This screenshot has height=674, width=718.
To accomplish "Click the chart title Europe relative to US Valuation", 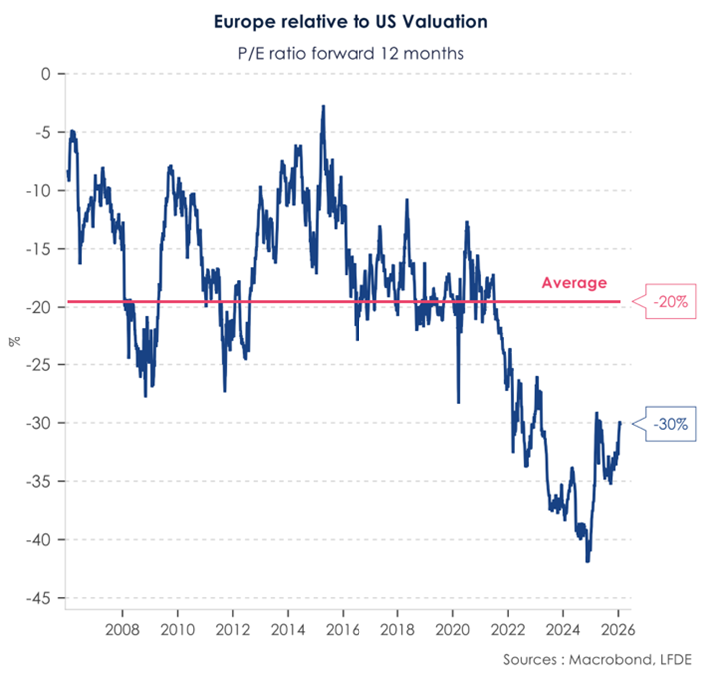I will (359, 20).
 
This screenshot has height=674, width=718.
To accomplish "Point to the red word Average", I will (574, 283).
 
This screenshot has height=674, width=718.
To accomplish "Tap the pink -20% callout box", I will (670, 301).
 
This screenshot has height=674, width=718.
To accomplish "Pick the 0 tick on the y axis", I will (43, 74).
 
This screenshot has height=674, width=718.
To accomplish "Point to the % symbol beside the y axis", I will (13, 340).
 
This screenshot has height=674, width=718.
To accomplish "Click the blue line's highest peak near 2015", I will (323, 105).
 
